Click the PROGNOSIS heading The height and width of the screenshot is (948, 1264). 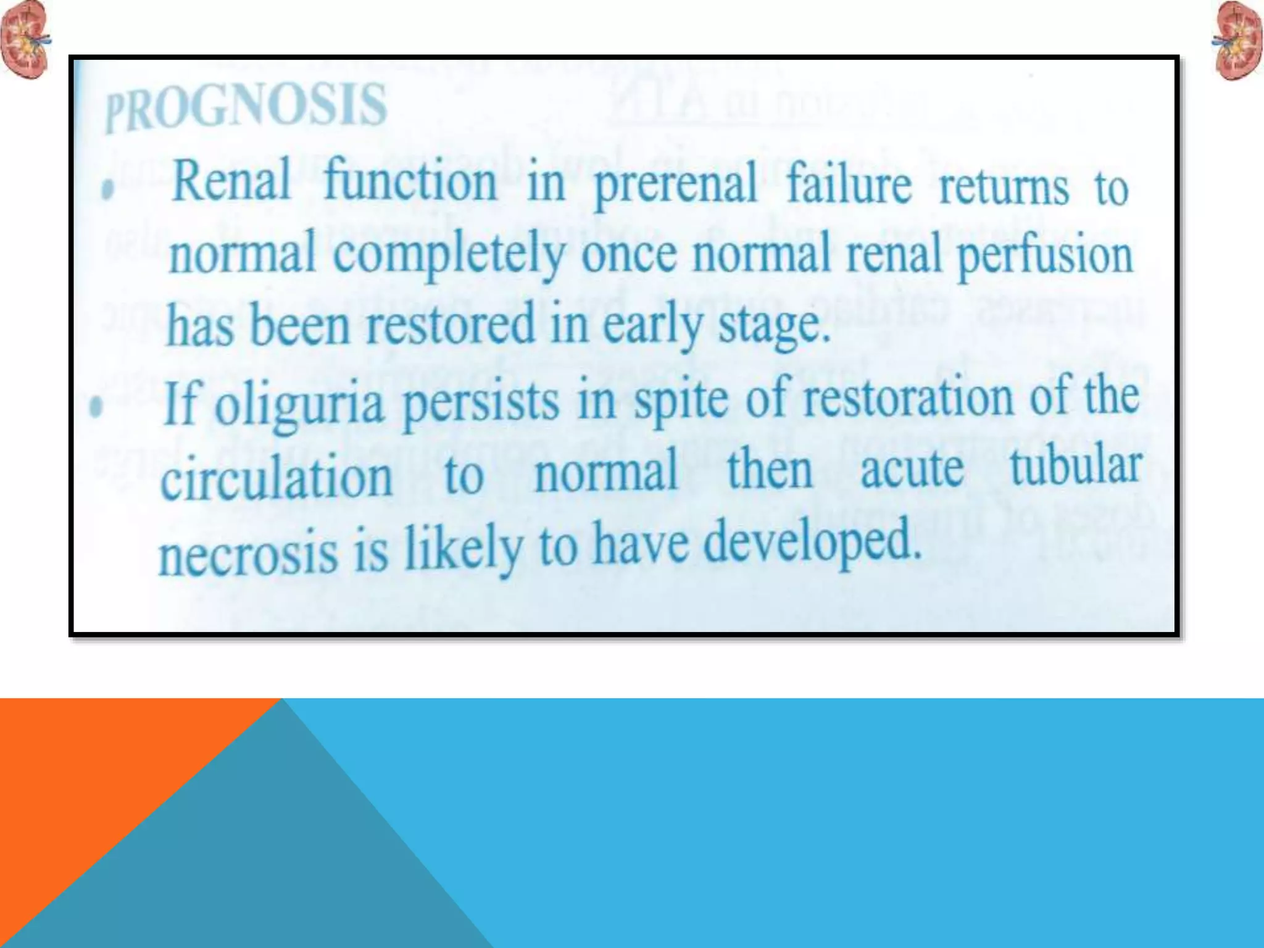click(246, 106)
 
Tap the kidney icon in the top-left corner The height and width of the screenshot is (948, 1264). click(25, 39)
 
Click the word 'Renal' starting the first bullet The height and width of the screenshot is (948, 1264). click(231, 180)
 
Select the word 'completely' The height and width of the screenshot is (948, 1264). click(449, 256)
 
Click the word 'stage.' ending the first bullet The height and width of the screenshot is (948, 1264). click(774, 326)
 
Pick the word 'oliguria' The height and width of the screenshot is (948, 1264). click(299, 405)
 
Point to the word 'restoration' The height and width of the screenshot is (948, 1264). click(908, 397)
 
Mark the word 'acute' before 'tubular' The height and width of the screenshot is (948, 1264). click(912, 469)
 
